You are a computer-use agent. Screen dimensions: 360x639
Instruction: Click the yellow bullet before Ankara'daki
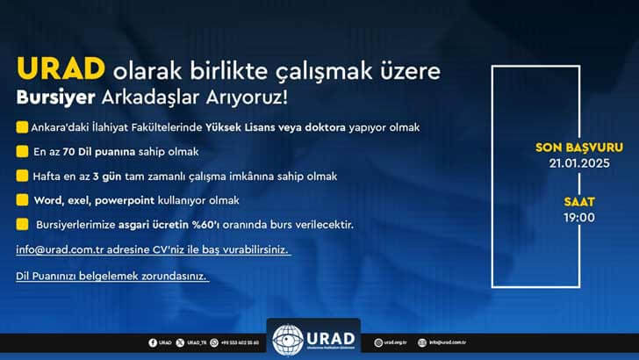(21, 127)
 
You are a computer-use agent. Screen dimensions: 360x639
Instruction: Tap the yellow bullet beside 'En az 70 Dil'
(21, 152)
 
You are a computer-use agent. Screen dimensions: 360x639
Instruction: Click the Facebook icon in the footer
(152, 342)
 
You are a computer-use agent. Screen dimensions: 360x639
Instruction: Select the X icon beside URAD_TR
(180, 342)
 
